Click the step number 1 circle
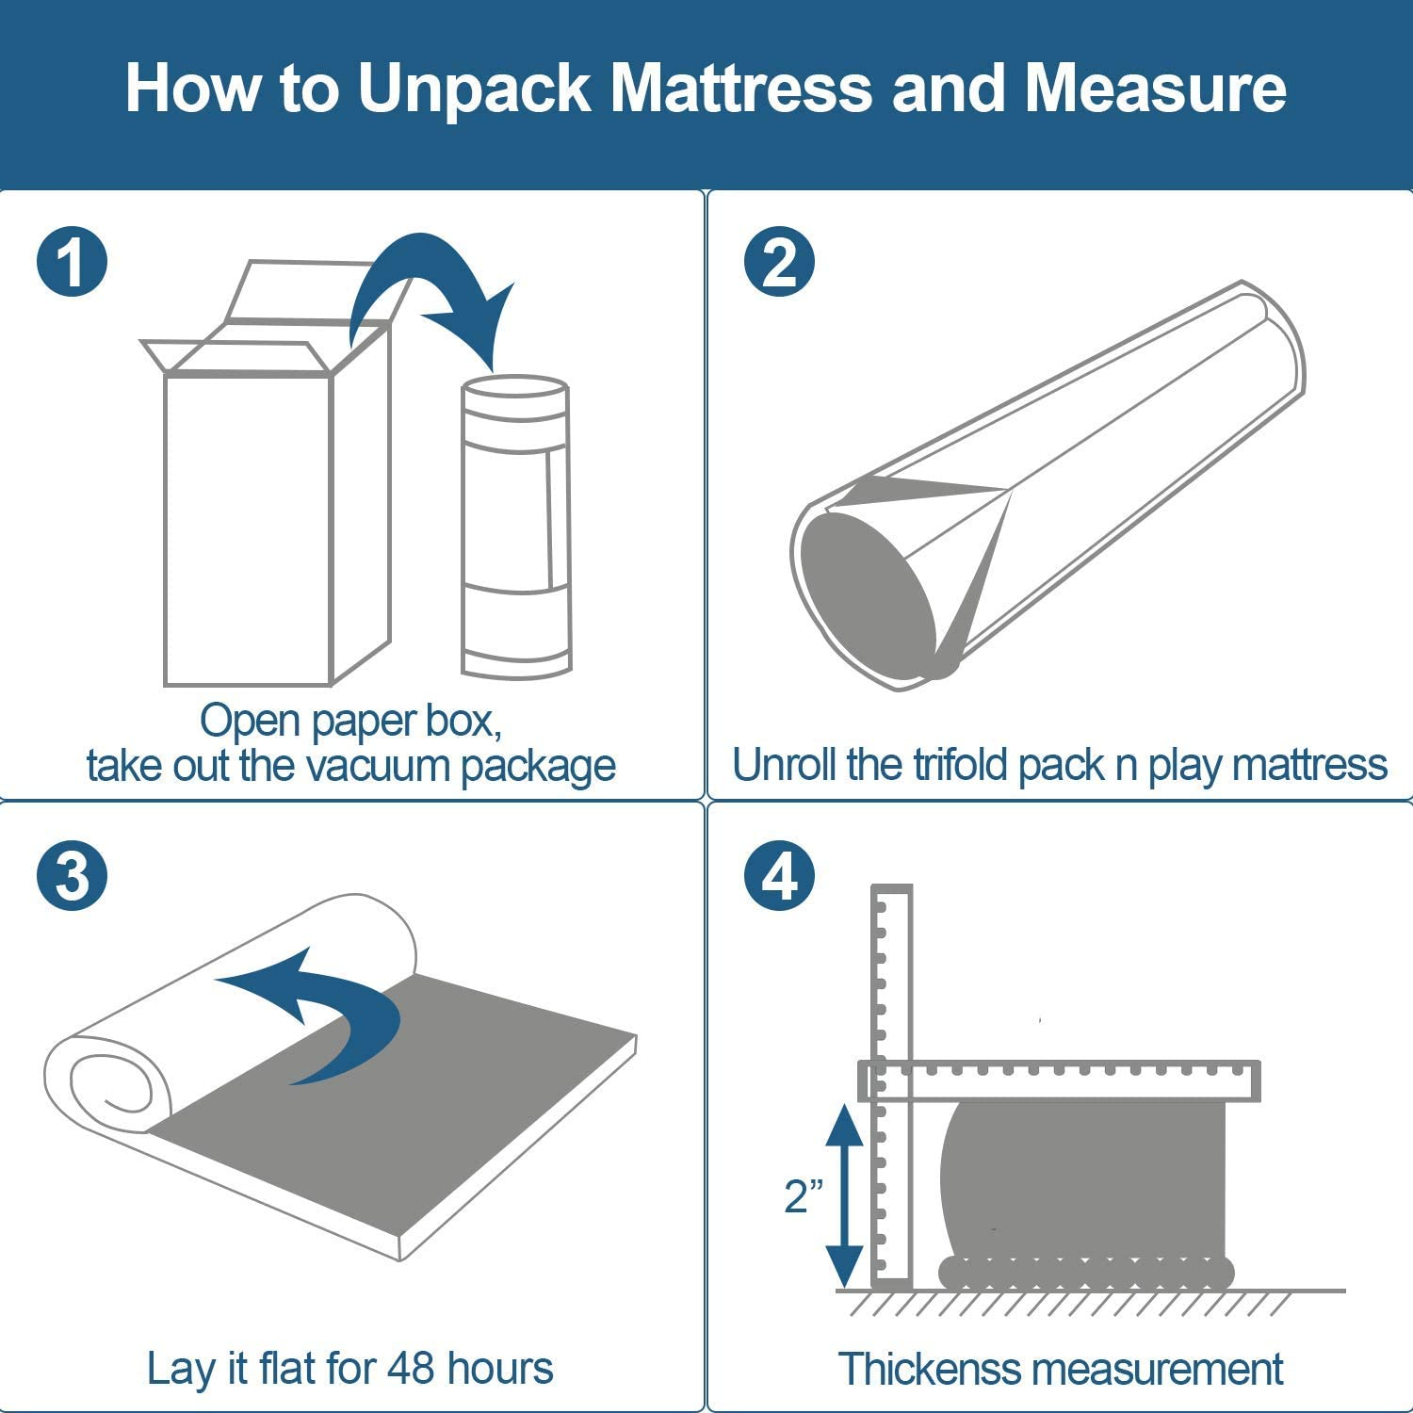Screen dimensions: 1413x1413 point(73,262)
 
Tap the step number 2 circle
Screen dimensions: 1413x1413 point(779,262)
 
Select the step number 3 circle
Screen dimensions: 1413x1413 point(73,875)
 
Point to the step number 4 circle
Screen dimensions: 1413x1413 point(779,875)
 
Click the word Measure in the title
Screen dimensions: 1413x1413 point(1155,88)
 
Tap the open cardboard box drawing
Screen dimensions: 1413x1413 point(264,509)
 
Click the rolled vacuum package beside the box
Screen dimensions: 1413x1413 point(516,528)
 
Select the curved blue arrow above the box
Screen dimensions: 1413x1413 point(429,292)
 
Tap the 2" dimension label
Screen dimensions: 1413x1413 point(804,1195)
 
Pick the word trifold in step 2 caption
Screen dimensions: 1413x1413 point(961,765)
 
